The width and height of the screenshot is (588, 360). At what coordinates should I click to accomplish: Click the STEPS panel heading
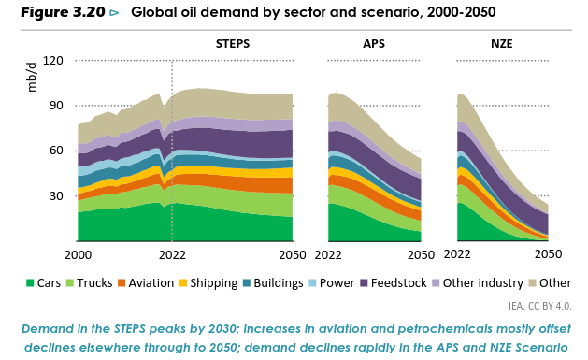(233, 44)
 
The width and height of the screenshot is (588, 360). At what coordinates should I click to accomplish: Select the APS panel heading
(374, 44)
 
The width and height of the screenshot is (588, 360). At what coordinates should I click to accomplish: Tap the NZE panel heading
(502, 44)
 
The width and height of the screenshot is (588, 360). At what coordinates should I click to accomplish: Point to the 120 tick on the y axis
(53, 60)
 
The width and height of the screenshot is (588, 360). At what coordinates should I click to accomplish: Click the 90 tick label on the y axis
(56, 106)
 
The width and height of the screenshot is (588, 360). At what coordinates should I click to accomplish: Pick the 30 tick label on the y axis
(56, 195)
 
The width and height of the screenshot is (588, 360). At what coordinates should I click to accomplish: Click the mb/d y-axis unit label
(32, 78)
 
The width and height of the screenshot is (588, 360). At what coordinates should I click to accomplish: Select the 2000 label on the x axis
(78, 255)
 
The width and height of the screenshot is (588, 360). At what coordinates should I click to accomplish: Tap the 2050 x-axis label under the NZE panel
(548, 254)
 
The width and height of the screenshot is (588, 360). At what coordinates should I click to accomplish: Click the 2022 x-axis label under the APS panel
(328, 255)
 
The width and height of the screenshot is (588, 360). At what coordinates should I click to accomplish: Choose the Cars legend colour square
(30, 283)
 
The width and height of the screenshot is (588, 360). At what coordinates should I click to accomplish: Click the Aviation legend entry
(146, 282)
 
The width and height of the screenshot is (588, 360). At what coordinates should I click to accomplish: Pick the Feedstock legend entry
(394, 282)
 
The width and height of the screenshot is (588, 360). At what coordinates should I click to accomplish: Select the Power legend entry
(332, 282)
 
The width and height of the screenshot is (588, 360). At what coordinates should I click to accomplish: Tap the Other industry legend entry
(478, 282)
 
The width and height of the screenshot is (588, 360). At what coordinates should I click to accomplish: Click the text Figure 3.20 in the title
(63, 12)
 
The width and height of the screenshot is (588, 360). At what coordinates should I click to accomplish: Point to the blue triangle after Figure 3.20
(114, 13)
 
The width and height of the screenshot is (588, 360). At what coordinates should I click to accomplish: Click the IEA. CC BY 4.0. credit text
(540, 306)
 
